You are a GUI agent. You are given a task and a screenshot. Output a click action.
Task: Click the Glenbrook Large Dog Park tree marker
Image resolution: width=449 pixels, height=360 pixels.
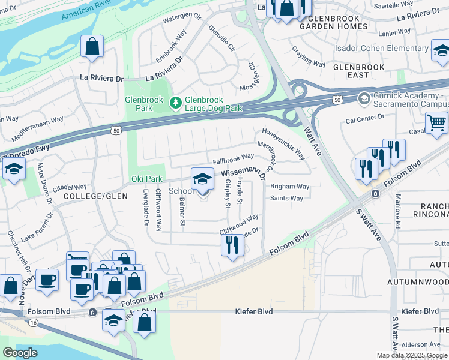pyautogui.click(x=175, y=104)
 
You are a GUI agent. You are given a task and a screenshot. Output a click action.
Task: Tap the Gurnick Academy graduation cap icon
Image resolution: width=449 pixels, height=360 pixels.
pyautogui.click(x=364, y=98)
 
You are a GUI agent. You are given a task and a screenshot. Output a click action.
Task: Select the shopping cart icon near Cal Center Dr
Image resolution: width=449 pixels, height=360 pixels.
pyautogui.click(x=436, y=124)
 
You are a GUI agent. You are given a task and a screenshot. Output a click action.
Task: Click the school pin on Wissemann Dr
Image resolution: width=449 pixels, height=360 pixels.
pyautogui.click(x=202, y=179)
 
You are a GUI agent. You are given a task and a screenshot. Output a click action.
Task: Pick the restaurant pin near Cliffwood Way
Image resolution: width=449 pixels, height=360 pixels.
pyautogui.click(x=231, y=244)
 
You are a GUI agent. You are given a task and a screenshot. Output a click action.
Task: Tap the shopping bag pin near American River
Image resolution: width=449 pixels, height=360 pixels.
pyautogui.click(x=92, y=47)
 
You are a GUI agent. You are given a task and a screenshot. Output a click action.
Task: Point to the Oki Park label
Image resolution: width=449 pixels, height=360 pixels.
pyautogui.click(x=147, y=179)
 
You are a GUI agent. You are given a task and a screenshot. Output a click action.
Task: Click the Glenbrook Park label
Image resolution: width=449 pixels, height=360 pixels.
pyautogui.click(x=139, y=104)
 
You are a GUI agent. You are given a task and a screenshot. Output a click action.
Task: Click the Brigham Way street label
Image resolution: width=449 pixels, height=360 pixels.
pyautogui.click(x=289, y=187)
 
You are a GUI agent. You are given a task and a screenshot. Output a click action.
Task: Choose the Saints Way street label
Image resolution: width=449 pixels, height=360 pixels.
pyautogui.click(x=286, y=198)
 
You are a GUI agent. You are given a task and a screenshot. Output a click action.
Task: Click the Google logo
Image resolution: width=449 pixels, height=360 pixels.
pyautogui.click(x=20, y=353)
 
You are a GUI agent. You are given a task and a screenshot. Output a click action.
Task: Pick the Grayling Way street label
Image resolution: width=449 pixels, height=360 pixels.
pyautogui.click(x=309, y=56)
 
